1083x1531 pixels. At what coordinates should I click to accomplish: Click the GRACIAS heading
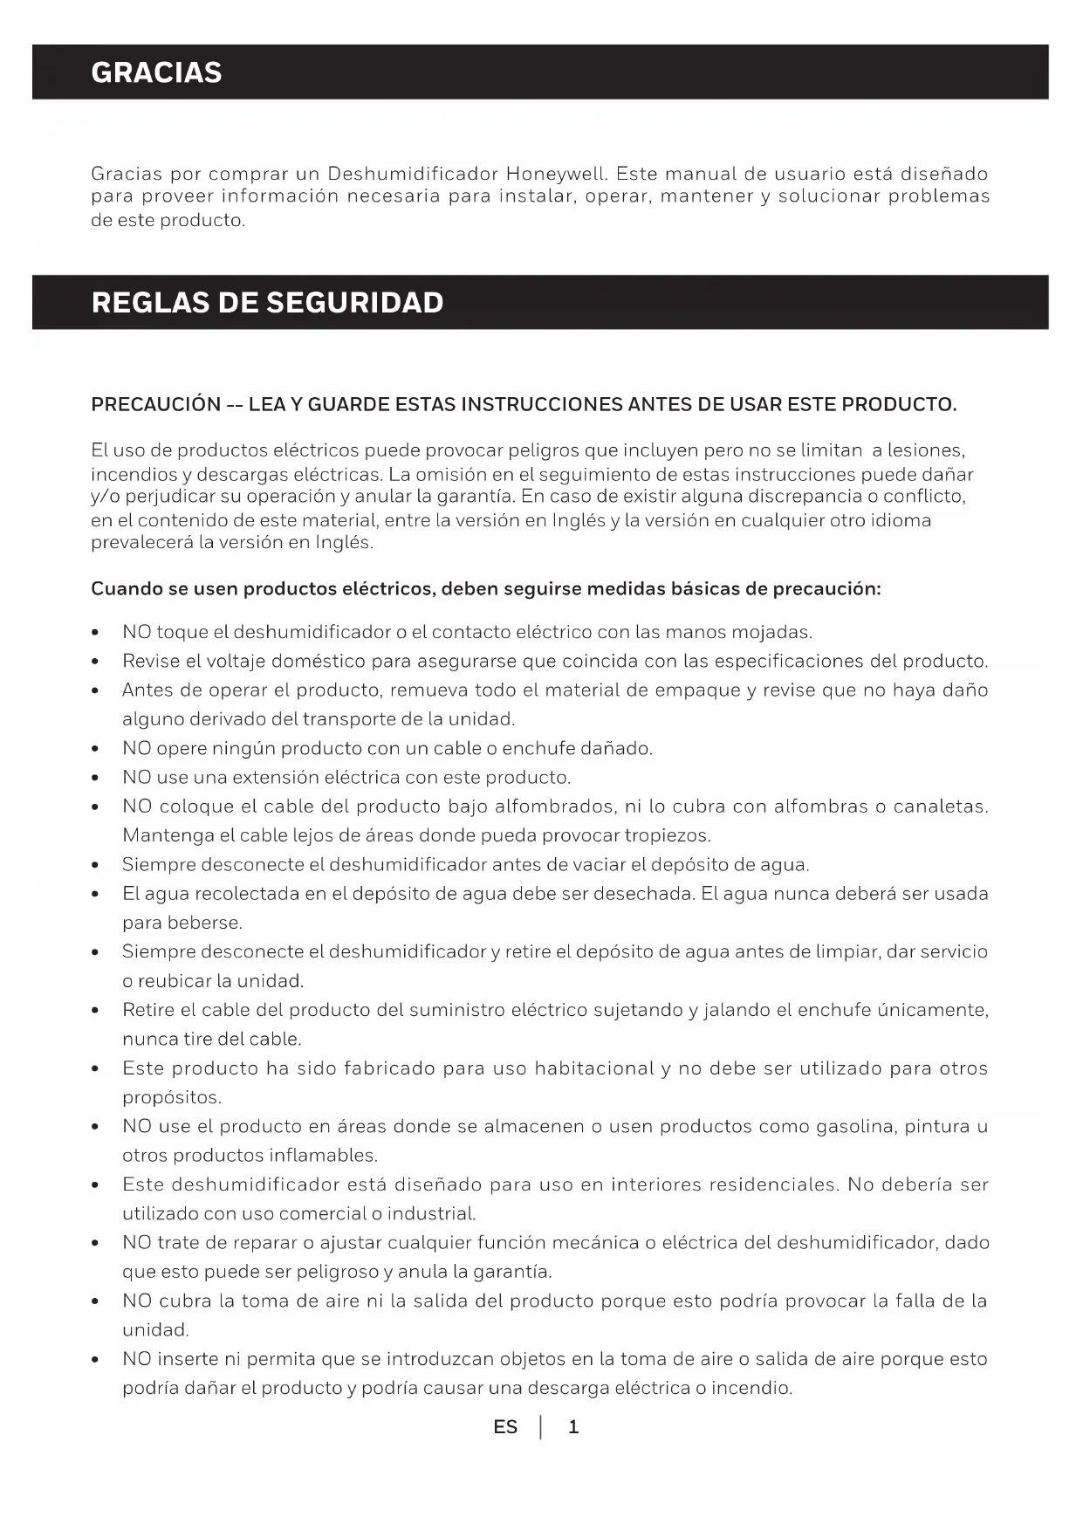click(156, 72)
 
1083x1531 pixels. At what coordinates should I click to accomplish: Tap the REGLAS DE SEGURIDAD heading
click(267, 303)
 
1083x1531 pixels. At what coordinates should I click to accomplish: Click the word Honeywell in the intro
click(555, 174)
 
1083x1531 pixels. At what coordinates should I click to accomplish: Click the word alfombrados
click(554, 807)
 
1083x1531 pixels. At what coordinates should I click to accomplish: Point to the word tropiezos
click(667, 835)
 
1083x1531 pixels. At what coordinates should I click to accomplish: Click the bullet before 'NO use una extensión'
click(95, 779)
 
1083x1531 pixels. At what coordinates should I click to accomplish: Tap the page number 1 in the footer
click(573, 1427)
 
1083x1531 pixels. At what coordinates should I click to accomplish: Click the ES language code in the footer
click(505, 1427)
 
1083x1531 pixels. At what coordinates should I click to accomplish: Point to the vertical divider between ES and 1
click(541, 1427)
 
